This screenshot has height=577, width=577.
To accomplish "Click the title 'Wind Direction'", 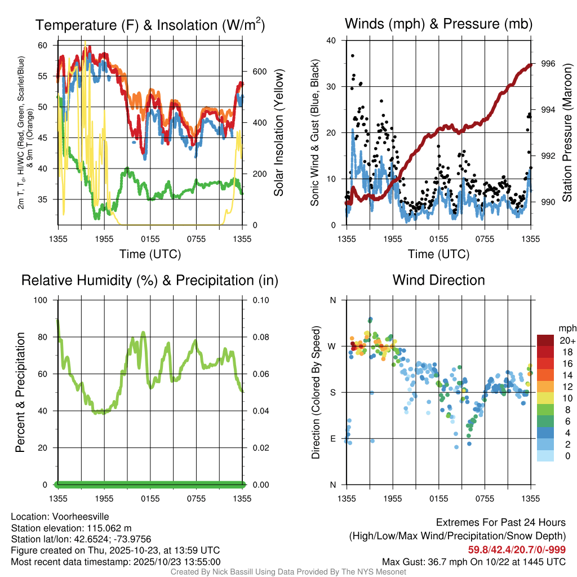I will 438,280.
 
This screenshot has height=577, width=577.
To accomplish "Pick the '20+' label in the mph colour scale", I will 567,340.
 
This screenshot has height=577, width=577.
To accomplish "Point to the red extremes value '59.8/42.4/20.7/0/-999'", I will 517,550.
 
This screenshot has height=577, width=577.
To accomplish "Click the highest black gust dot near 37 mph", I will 353,56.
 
